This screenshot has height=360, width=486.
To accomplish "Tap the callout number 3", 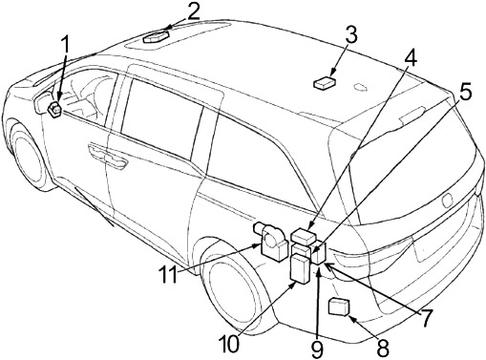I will tap(351, 35).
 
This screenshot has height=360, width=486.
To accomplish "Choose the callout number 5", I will tap(465, 93).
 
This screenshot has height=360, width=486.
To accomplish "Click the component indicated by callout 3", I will tap(324, 83).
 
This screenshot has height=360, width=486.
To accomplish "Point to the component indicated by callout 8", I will tap(338, 307).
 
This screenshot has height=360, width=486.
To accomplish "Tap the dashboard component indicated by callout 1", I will tap(54, 108).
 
